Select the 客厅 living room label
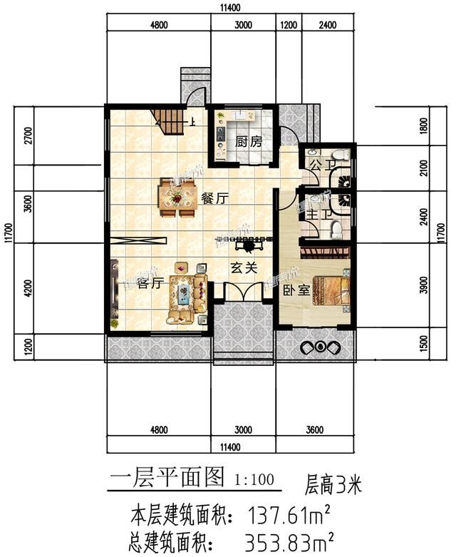150,283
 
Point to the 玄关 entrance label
240,269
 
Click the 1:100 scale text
253,479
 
